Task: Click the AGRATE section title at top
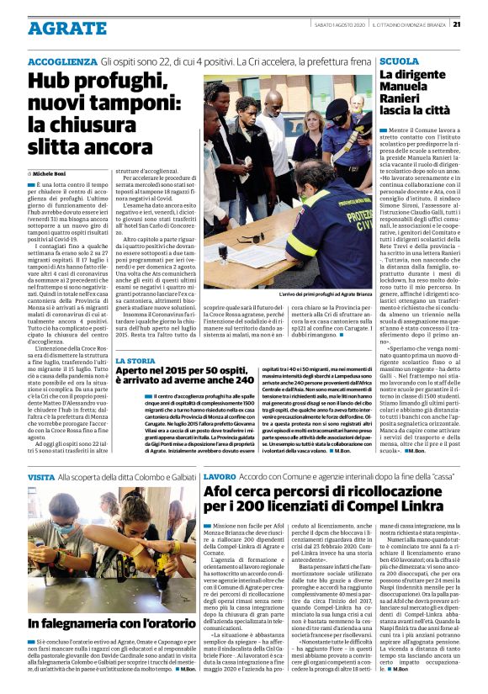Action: [x=58, y=28]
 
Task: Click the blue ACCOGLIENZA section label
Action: [x=62, y=63]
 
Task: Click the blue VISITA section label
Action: [x=41, y=477]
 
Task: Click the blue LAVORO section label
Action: [x=220, y=477]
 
